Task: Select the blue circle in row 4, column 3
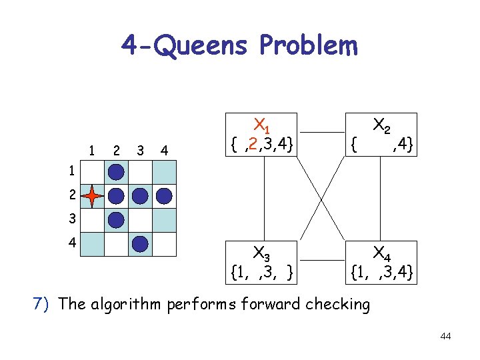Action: (x=140, y=243)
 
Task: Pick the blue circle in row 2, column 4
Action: (x=164, y=196)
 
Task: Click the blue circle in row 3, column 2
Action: (x=117, y=219)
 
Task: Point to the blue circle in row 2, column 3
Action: (x=140, y=196)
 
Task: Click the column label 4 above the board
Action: (x=164, y=149)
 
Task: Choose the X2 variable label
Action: (x=382, y=125)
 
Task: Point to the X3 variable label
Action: (x=261, y=254)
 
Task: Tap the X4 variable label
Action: (x=382, y=254)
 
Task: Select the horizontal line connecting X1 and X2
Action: (x=321, y=132)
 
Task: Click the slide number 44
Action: (x=445, y=336)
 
